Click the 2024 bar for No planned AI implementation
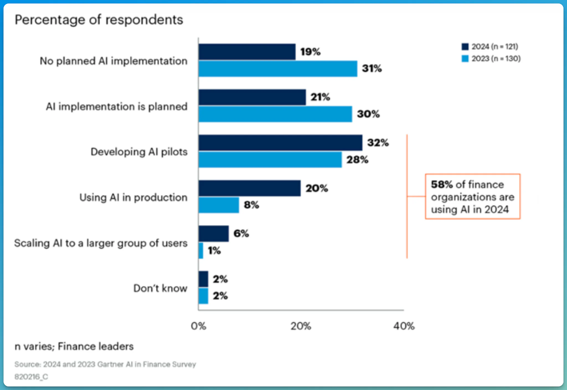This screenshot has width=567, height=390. [247, 52]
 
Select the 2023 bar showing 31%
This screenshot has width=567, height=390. [278, 69]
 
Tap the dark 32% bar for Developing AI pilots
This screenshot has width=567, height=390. [280, 143]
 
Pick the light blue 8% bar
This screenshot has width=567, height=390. [219, 205]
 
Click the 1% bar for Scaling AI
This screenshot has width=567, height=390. [201, 251]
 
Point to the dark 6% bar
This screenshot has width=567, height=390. [214, 234]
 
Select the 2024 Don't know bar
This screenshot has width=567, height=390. [203, 279]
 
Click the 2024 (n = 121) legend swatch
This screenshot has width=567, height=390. [465, 46]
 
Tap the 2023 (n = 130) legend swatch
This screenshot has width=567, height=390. [465, 59]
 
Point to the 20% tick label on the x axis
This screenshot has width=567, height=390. [301, 326]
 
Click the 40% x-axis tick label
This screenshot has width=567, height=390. [404, 326]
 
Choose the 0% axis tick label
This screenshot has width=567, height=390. [199, 326]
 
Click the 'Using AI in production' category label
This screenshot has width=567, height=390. [133, 197]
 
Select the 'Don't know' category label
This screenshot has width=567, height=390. [160, 288]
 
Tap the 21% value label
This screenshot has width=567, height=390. [320, 97]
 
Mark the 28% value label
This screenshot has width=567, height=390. [357, 160]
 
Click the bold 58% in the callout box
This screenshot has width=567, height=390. [442, 184]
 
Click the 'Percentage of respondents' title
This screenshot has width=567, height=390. [99, 20]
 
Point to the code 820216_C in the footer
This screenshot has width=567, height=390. [31, 377]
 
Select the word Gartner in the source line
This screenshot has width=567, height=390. [111, 364]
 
